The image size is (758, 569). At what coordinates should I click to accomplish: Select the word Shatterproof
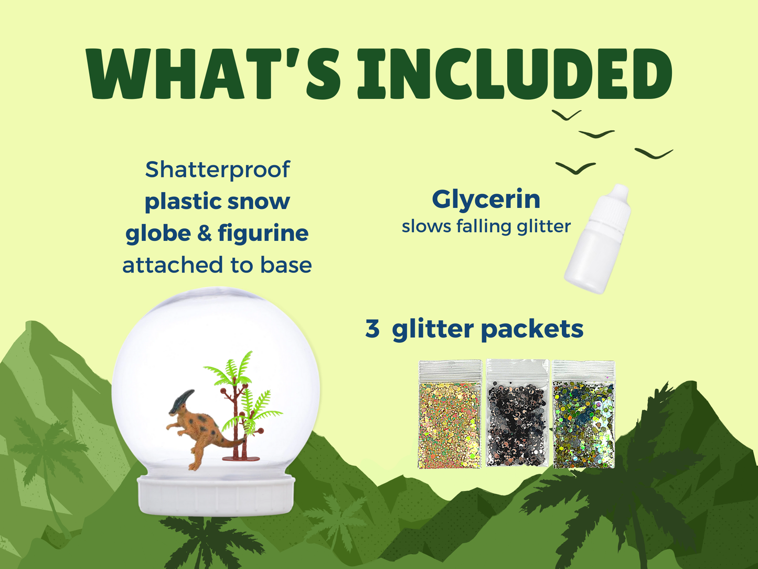[x=218, y=170]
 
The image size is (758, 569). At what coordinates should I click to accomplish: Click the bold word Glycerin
[x=486, y=201]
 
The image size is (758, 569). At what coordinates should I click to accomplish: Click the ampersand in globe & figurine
[x=205, y=233]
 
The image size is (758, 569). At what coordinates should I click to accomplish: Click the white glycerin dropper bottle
[x=598, y=239]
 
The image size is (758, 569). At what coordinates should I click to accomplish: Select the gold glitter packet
[x=450, y=414]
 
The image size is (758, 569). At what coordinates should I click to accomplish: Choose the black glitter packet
[x=517, y=413]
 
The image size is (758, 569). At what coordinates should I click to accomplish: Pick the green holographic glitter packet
[x=584, y=414]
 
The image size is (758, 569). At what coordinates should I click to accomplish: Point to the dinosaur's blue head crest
[x=183, y=401]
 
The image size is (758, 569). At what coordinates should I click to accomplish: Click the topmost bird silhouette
[x=567, y=115]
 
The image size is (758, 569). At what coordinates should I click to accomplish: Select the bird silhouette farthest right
[x=654, y=153]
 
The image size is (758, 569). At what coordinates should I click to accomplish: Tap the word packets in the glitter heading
[x=532, y=329]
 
